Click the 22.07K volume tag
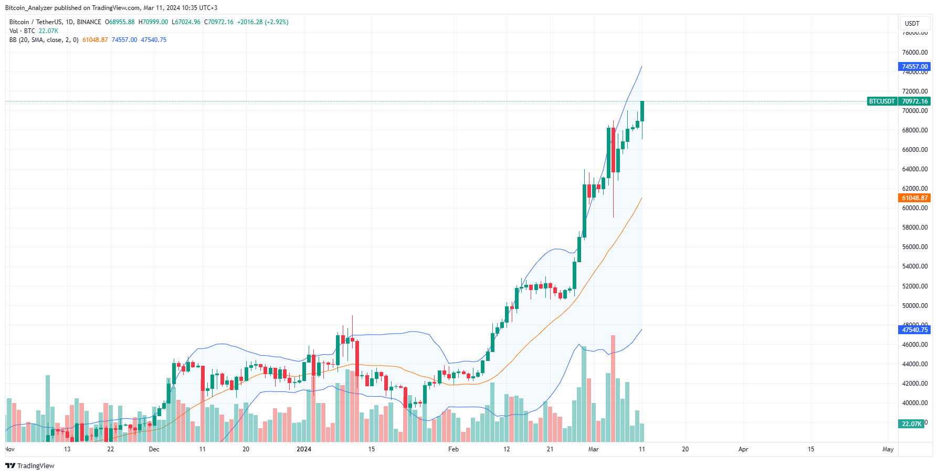pos(912,424)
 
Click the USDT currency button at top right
pos(912,24)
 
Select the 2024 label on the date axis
pos(303,449)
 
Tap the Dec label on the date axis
pos(154,449)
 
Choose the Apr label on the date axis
pos(743,449)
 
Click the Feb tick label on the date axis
pos(454,449)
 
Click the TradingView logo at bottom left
pos(30,466)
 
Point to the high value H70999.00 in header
pos(153,22)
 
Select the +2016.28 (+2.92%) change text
pos(262,22)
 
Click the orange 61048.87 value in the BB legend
pos(95,40)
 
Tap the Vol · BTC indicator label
pos(22,31)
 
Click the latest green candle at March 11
pos(642,111)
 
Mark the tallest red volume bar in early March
pos(613,389)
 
